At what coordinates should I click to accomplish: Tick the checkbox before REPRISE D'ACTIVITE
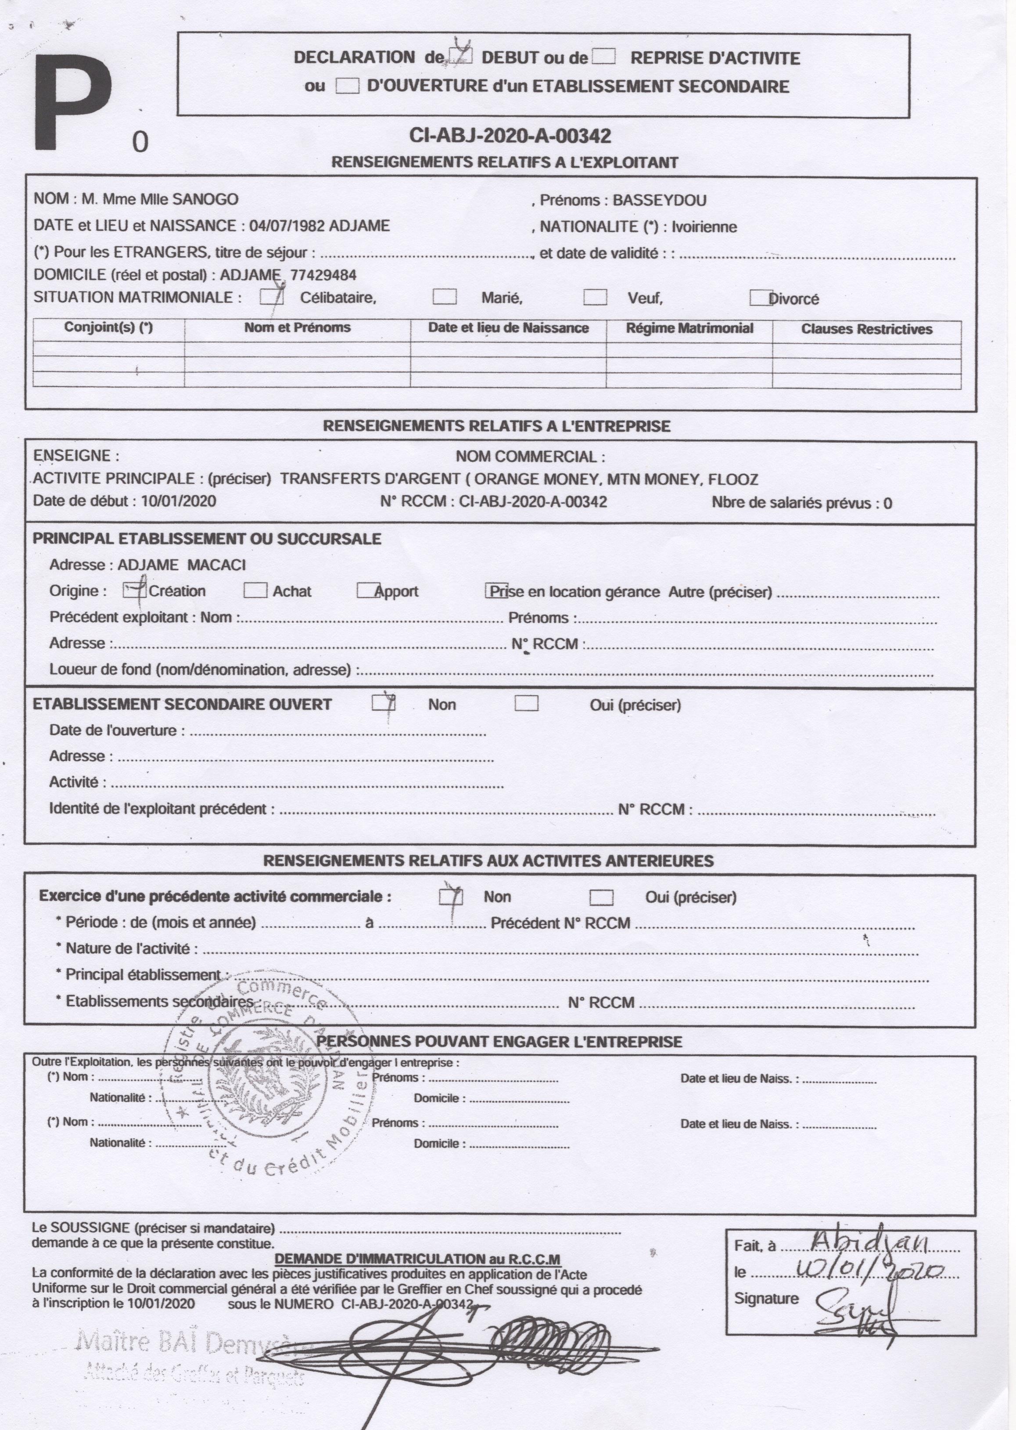click(x=603, y=57)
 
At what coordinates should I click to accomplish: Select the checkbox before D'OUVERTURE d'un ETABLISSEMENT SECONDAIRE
click(x=347, y=86)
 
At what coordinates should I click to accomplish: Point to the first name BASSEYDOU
click(x=659, y=201)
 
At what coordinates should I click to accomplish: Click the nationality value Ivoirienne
click(x=704, y=227)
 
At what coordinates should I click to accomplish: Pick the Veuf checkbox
click(x=595, y=297)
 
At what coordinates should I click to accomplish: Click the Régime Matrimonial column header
click(x=689, y=328)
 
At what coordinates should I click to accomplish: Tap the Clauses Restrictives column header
click(x=866, y=330)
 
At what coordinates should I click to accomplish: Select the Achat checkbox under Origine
click(x=255, y=590)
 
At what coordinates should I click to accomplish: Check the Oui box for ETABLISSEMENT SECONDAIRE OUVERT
click(x=526, y=704)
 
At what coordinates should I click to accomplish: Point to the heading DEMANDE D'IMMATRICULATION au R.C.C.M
click(x=417, y=1259)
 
